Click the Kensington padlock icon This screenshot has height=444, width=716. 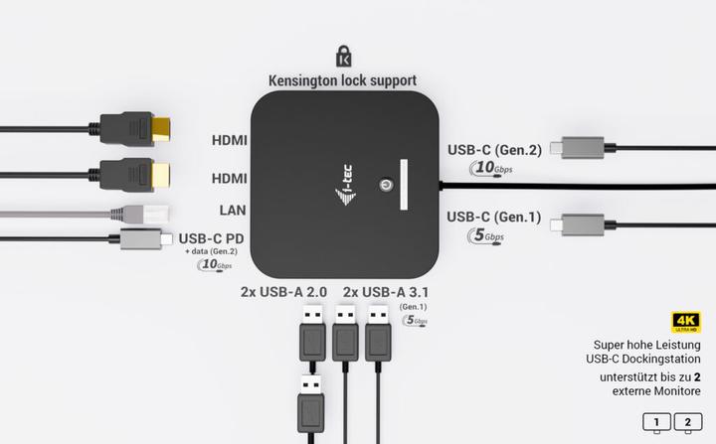pos(344,56)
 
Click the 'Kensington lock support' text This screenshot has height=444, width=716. pos(342,79)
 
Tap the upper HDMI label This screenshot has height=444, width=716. pos(230,140)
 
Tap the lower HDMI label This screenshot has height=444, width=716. pos(230,178)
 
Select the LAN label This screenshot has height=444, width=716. pos(233,210)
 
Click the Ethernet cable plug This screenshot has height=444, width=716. pos(129,213)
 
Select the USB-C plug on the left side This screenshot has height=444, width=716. pos(138,238)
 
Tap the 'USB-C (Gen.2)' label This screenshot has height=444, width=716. pos(494,150)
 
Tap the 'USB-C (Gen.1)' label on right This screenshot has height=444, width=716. pos(494,217)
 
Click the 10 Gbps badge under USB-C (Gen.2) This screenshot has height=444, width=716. pos(486,168)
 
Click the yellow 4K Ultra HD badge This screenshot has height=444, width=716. pos(686,320)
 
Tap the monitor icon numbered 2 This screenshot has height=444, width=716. pos(687,422)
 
